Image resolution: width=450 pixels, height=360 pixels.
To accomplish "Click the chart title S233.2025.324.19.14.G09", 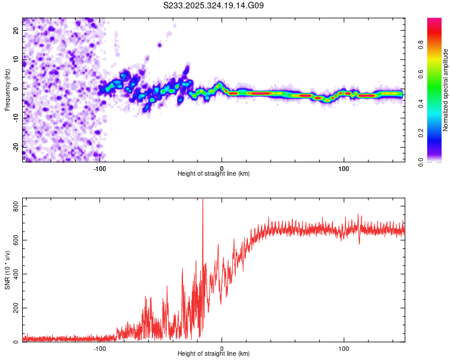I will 214,6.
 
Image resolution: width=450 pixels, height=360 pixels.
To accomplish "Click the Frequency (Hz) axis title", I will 7,91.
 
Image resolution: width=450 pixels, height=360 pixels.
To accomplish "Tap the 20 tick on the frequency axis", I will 17,32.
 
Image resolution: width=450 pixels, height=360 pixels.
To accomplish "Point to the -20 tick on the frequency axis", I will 16,145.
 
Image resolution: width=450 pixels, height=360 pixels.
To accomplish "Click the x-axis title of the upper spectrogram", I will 214,173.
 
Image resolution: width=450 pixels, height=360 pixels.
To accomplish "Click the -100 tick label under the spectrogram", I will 100,168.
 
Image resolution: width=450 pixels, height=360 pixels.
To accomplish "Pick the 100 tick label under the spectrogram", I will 344,168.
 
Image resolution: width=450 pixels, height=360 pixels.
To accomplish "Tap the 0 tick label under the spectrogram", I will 222,168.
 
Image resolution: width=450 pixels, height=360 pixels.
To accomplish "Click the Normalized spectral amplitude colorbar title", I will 445,91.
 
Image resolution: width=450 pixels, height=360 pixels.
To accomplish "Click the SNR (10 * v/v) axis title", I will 7,270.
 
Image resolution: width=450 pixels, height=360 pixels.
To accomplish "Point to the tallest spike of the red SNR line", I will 202,200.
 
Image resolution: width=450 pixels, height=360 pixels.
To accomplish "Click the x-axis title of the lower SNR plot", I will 214,354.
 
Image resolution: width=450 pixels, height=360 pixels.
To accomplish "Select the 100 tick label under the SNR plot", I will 344,348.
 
